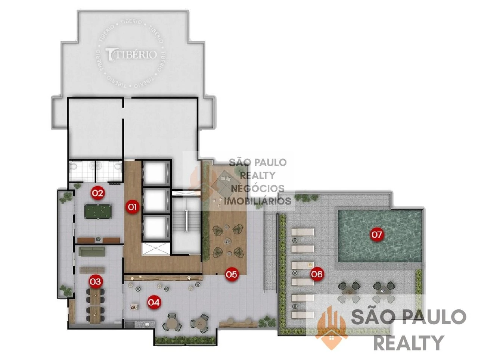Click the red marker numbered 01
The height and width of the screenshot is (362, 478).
(132, 207)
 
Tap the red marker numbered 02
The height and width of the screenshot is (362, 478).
(97, 193)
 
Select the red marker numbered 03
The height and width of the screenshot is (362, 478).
(96, 282)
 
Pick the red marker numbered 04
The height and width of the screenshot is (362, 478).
(154, 302)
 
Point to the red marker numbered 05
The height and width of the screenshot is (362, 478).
(231, 274)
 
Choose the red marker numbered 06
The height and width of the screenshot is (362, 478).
(316, 274)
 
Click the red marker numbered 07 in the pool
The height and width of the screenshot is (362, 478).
(376, 234)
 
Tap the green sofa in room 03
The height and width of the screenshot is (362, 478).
(92, 252)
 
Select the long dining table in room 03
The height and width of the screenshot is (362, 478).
(95, 305)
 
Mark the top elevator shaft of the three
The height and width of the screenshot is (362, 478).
(155, 173)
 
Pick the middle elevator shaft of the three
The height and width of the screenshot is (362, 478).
(155, 200)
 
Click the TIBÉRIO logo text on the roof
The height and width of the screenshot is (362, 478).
(131, 54)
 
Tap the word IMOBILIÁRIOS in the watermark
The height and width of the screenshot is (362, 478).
(258, 201)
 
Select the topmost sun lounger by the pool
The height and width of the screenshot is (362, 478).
(302, 232)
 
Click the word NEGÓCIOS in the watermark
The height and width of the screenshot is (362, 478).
(258, 188)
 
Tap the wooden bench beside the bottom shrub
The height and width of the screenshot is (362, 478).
(238, 323)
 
